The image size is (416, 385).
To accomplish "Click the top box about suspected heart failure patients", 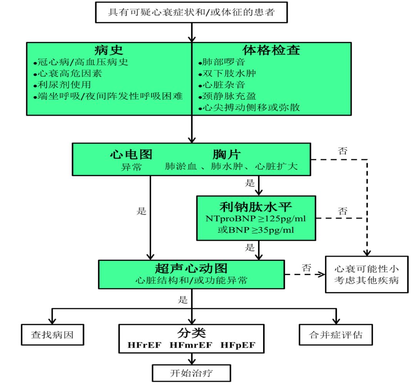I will pyautogui.click(x=191, y=12).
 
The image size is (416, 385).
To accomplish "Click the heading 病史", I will pyautogui.click(x=109, y=50).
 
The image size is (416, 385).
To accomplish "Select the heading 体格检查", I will pyautogui.click(x=271, y=50).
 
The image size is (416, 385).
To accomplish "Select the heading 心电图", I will pyautogui.click(x=131, y=154).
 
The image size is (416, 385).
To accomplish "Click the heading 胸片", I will pyautogui.click(x=226, y=154).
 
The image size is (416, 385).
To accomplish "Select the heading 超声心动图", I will pyautogui.click(x=191, y=268).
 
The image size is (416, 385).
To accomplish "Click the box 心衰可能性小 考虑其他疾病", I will pyautogui.click(x=366, y=274).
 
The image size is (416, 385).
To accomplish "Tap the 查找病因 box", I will pyautogui.click(x=52, y=334).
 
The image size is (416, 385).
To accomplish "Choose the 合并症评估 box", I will pyautogui.click(x=336, y=334).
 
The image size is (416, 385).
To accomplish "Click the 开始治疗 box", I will pyautogui.click(x=191, y=373).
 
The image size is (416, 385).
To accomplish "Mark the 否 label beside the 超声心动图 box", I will pyautogui.click(x=306, y=267).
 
